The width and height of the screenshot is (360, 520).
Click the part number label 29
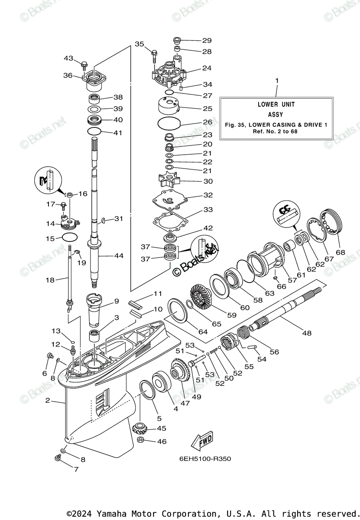(207, 40)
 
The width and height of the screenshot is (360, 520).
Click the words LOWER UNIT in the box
(276, 104)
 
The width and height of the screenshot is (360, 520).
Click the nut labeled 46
(140, 441)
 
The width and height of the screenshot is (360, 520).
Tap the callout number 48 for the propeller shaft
(307, 333)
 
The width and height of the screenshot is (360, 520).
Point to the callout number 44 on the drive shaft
(119, 256)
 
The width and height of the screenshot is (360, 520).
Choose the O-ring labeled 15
(70, 237)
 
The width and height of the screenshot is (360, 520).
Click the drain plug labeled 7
(57, 458)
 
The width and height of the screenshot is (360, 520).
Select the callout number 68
(340, 251)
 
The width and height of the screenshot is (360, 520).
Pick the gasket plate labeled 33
(171, 221)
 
